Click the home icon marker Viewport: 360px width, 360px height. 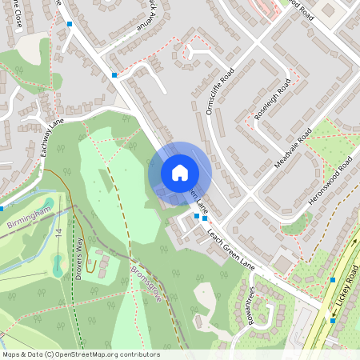click(x=180, y=172)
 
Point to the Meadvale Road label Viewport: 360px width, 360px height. click(x=293, y=148)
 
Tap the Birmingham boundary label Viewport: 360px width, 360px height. click(x=28, y=215)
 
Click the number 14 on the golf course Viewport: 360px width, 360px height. click(x=59, y=232)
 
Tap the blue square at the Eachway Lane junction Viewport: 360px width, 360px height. click(x=114, y=75)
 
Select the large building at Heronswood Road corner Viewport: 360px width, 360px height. click(x=282, y=262)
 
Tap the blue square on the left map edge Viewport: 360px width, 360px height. click(x=2, y=209)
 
